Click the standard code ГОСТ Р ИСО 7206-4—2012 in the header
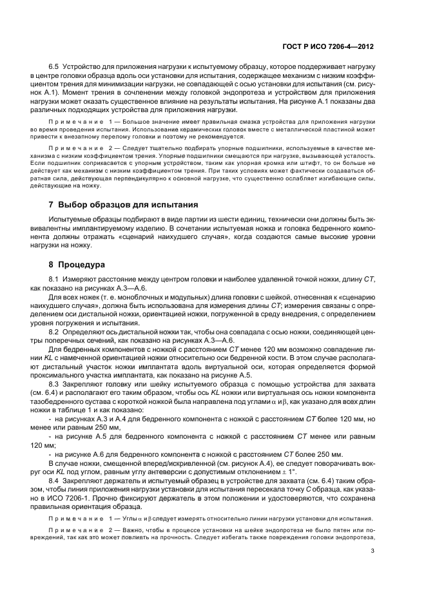(328, 47)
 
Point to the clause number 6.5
(55, 67)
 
